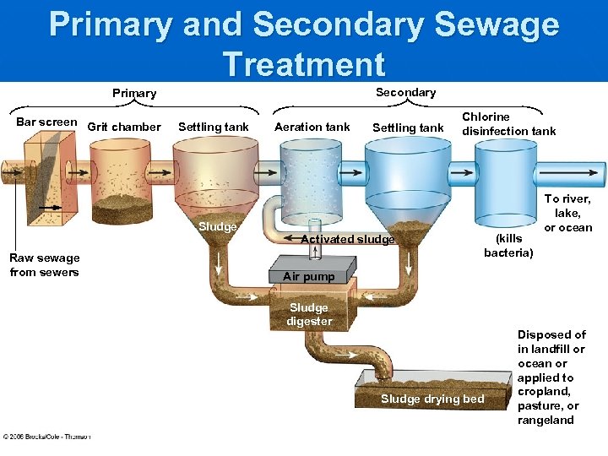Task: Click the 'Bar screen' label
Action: [46, 122]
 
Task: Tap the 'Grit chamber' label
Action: [123, 128]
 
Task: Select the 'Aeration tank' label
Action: [312, 128]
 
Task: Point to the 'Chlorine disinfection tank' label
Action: [508, 123]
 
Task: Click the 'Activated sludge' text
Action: [348, 240]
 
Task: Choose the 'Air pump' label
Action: [308, 277]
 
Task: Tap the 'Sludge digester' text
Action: [309, 314]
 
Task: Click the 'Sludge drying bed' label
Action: [432, 399]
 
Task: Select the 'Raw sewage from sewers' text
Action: [45, 265]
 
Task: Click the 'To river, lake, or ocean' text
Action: [568, 213]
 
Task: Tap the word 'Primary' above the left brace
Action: [134, 93]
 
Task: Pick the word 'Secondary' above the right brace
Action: [405, 92]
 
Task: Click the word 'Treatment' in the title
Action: [304, 64]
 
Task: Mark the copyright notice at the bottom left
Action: [46, 437]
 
